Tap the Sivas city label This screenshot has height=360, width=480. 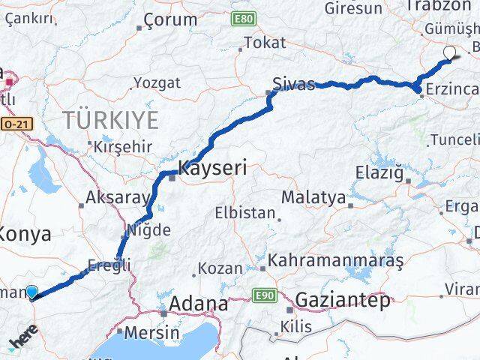point(293,83)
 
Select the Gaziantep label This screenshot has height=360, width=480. point(343,301)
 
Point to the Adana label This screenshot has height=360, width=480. point(199,304)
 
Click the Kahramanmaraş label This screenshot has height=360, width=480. point(335,261)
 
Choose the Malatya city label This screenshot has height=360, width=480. point(313,198)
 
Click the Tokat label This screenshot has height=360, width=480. point(265,43)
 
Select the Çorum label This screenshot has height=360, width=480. point(169,21)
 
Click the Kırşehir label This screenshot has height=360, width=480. point(123,147)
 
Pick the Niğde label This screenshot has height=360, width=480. point(149,229)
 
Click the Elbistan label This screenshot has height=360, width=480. point(244,213)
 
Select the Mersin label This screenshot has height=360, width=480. point(153,331)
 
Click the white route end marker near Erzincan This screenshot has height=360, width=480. point(450,52)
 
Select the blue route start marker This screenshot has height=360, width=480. point(31,292)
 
